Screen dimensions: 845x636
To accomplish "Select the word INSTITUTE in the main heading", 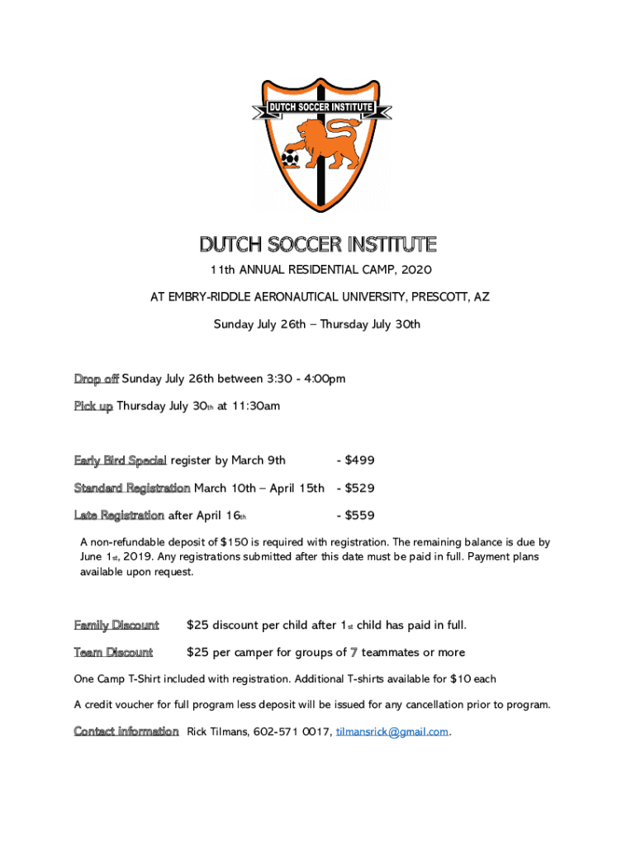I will [x=392, y=245].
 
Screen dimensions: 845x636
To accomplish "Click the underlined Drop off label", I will [x=96, y=379].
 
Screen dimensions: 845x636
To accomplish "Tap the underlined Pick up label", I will [x=93, y=406].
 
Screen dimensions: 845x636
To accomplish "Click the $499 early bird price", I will [x=360, y=460].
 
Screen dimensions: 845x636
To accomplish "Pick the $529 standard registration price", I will [x=360, y=488].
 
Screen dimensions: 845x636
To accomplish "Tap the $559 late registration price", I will [x=360, y=516].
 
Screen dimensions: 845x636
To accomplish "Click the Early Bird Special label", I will [x=121, y=460].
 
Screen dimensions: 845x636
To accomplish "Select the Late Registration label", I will [x=119, y=516].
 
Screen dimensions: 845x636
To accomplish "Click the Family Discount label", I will [x=116, y=625].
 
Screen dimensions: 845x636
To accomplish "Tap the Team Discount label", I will [x=113, y=653].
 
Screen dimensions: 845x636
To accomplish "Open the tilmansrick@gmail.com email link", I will [x=392, y=732].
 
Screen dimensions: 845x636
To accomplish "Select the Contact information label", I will [x=126, y=731].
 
